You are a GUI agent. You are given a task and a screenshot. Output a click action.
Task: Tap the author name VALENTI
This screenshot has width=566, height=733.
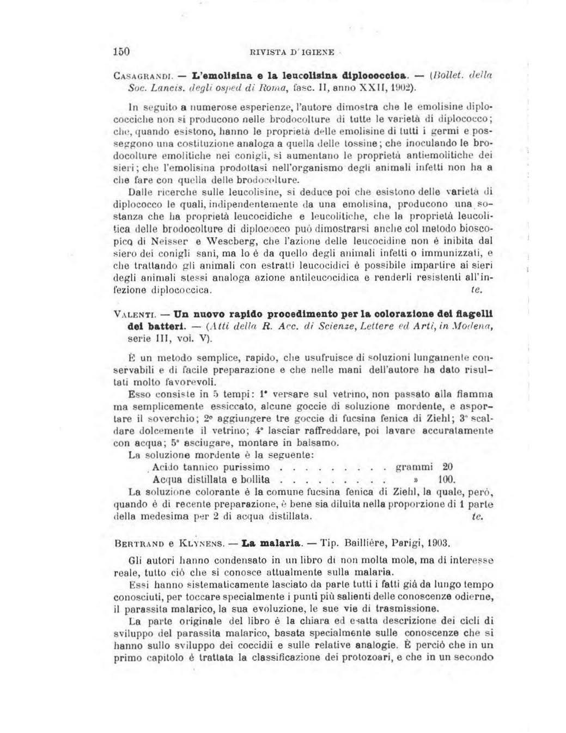pos(135,315)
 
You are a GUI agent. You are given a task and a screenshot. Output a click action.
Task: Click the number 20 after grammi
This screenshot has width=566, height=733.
pos(447,467)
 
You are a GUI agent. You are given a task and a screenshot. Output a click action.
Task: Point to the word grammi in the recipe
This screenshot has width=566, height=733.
pos(414,467)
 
